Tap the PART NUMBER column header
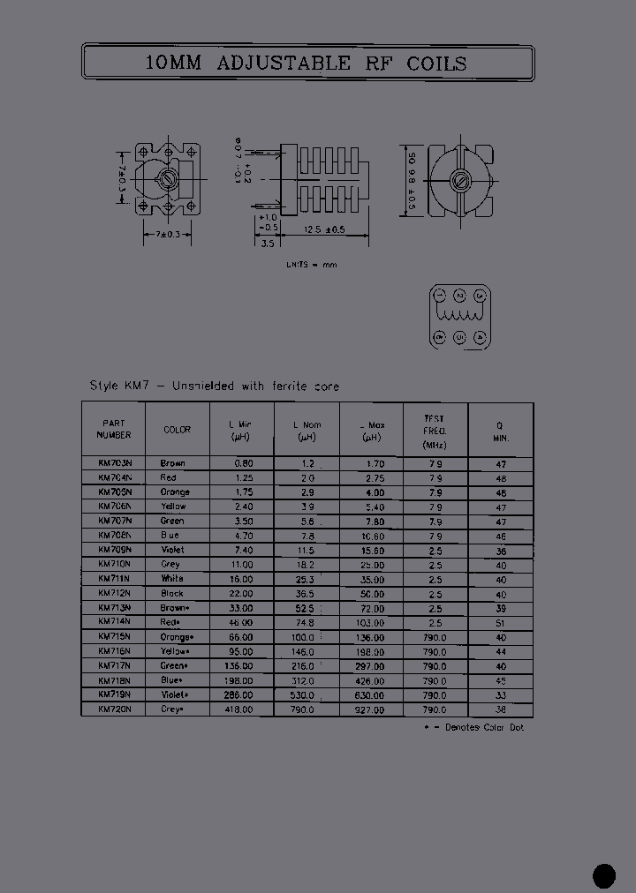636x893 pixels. click(x=115, y=429)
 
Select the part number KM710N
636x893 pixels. click(x=115, y=564)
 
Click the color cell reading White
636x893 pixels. click(x=172, y=579)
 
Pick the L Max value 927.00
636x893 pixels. click(x=371, y=709)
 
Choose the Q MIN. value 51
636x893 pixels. click(x=501, y=622)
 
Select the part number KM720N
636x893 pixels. click(x=115, y=709)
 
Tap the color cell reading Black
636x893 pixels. click(x=172, y=593)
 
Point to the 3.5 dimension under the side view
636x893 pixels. click(x=267, y=244)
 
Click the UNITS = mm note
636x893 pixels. click(x=311, y=265)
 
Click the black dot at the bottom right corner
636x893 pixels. click(x=603, y=874)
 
